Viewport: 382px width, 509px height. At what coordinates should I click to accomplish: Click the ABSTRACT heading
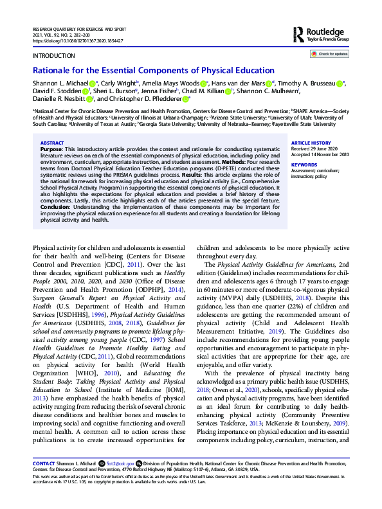coord(51,143)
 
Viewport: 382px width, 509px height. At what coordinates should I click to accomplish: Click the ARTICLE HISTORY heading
coord(311,142)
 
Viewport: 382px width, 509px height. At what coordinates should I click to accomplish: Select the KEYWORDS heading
coord(304,165)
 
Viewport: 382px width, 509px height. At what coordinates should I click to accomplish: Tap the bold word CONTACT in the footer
coord(44,463)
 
